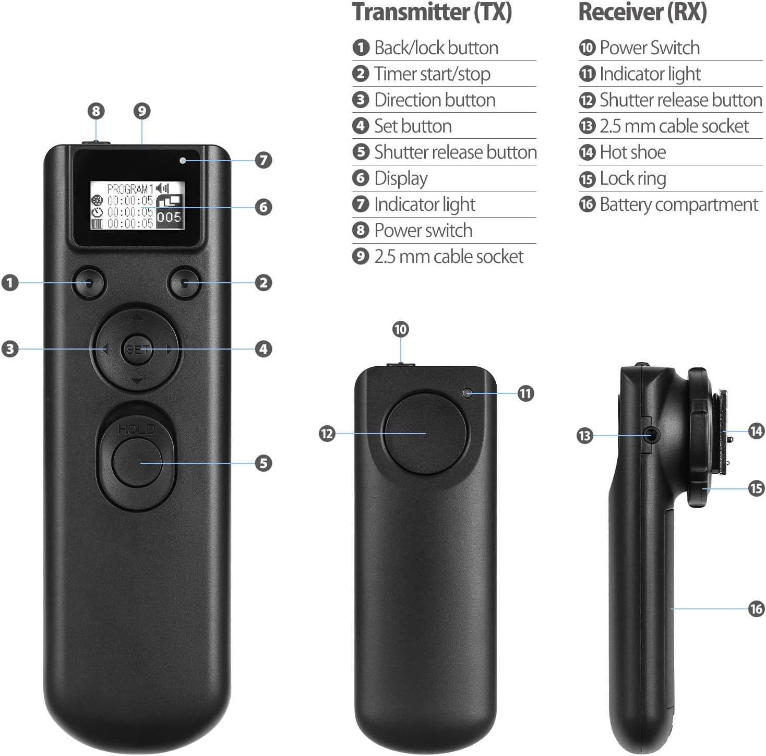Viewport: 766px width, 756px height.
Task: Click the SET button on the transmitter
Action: click(137, 349)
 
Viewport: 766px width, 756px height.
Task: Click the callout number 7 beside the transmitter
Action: click(264, 160)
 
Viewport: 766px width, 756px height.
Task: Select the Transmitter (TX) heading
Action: click(432, 12)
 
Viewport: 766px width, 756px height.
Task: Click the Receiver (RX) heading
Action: click(642, 12)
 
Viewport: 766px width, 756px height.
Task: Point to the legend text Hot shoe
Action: click(632, 152)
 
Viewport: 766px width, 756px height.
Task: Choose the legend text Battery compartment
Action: click(678, 205)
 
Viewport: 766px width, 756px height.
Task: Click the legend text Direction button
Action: click(435, 100)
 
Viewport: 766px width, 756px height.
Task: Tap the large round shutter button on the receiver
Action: click(425, 434)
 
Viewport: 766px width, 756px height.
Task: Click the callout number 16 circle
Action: click(756, 608)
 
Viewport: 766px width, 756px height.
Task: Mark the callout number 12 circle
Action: click(327, 434)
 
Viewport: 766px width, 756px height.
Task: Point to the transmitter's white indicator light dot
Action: click(182, 160)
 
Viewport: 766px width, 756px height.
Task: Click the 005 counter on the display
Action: click(169, 217)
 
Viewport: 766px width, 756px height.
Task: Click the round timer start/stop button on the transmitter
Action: click(184, 283)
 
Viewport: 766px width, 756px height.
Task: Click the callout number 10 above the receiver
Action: click(400, 329)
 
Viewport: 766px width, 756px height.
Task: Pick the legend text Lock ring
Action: click(632, 178)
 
